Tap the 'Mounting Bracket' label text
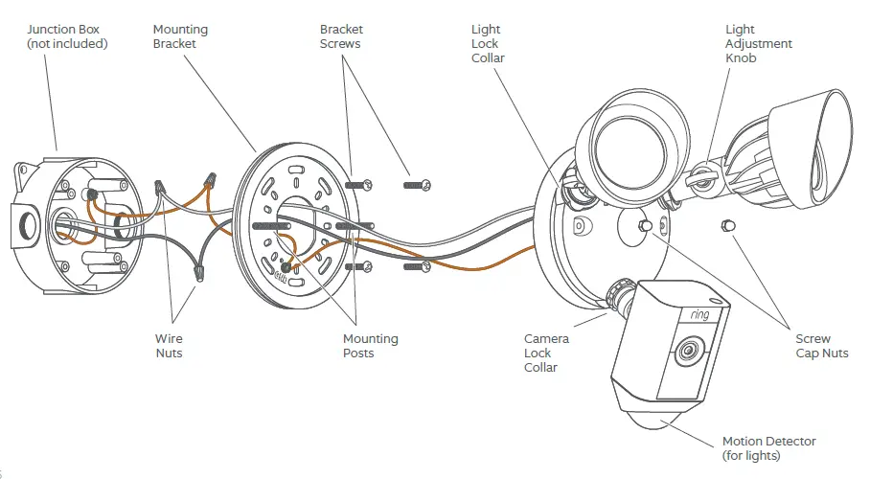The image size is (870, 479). coord(180,36)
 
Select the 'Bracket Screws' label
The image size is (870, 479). coord(342,36)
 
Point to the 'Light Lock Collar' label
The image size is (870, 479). coord(488,44)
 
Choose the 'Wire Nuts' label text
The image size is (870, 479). coord(169,346)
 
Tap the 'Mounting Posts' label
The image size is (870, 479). coord(371,346)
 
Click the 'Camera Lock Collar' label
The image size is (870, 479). coord(546,353)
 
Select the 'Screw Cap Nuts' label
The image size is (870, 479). coord(821,346)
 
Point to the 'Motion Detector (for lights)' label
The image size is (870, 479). coord(768,447)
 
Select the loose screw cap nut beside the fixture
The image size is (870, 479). coord(725,225)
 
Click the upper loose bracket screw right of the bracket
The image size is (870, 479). coord(419,183)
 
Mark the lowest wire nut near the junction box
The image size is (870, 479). coord(200,272)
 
